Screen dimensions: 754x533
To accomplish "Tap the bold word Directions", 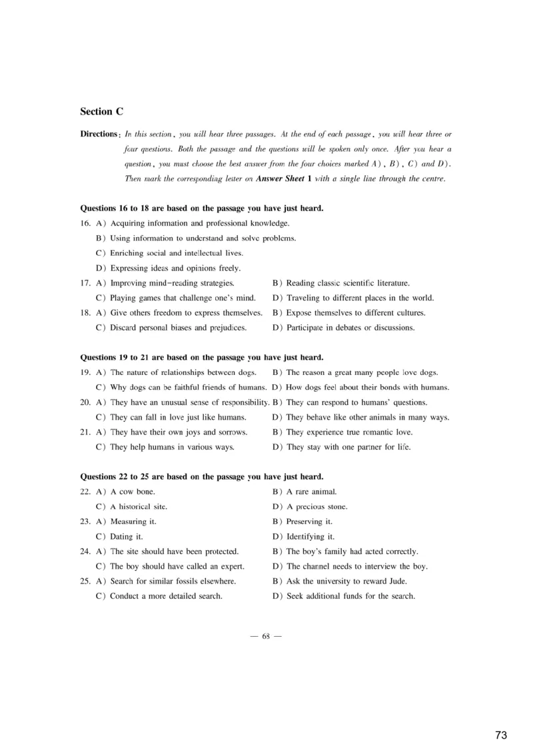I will click(99, 134).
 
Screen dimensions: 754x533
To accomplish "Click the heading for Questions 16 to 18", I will click(202, 208).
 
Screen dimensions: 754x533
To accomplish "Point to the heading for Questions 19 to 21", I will click(202, 358).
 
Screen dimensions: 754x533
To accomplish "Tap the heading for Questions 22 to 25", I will click(202, 477).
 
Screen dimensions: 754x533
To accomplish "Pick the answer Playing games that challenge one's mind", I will click(183, 298).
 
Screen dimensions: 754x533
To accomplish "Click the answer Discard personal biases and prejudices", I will click(178, 328).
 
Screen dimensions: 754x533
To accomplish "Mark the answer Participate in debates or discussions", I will click(350, 328).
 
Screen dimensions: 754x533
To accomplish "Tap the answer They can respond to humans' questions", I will click(356, 402).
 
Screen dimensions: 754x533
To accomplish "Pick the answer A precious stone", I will click(316, 507).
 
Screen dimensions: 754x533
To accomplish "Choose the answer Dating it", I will click(127, 537).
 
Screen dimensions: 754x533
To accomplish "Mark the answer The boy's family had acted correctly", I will click(352, 552).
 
